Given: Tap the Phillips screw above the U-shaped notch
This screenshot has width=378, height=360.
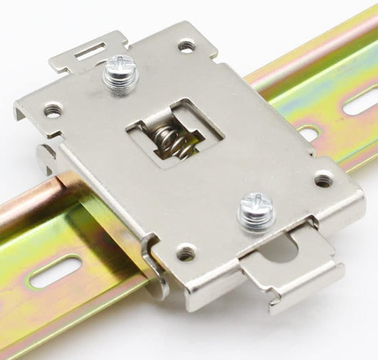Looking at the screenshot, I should [x=256, y=210].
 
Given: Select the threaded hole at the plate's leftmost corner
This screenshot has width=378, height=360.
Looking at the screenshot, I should [x=52, y=110].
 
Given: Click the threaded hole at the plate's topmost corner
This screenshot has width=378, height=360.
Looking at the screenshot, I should [x=186, y=46].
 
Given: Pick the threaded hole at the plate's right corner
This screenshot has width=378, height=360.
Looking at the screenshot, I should [x=323, y=180].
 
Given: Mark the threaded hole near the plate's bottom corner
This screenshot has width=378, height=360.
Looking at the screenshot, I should [x=186, y=251].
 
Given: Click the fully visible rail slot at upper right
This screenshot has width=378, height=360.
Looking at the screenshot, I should [x=359, y=101].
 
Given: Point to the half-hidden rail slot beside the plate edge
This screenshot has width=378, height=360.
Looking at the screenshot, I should [x=309, y=133].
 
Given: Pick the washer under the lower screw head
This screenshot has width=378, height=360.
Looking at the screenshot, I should [x=256, y=220].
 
